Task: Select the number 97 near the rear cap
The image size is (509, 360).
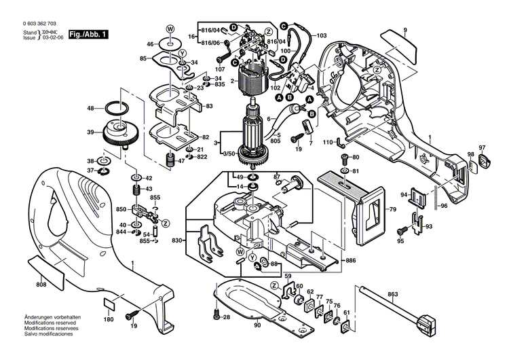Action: point(483,148)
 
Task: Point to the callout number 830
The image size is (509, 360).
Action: point(177,241)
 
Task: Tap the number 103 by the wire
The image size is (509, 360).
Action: point(321,35)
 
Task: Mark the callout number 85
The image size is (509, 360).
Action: point(143,58)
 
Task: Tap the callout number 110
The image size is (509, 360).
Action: point(326,142)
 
